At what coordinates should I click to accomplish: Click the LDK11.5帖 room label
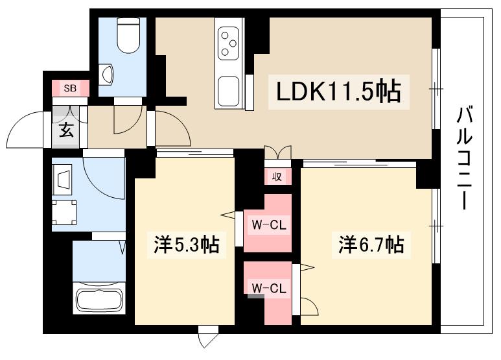(338, 92)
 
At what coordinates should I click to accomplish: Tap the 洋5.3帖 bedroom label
(186, 245)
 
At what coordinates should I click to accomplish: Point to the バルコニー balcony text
(464, 158)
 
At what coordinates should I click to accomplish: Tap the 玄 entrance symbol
(66, 130)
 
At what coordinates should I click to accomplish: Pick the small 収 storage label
(277, 176)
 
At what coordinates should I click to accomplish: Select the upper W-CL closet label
(268, 225)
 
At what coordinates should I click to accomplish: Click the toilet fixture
(127, 35)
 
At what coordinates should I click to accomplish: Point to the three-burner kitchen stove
(229, 42)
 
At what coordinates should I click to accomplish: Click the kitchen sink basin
(229, 91)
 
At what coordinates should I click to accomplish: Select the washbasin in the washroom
(64, 178)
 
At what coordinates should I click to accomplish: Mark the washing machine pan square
(64, 211)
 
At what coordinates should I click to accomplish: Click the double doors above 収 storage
(278, 152)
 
